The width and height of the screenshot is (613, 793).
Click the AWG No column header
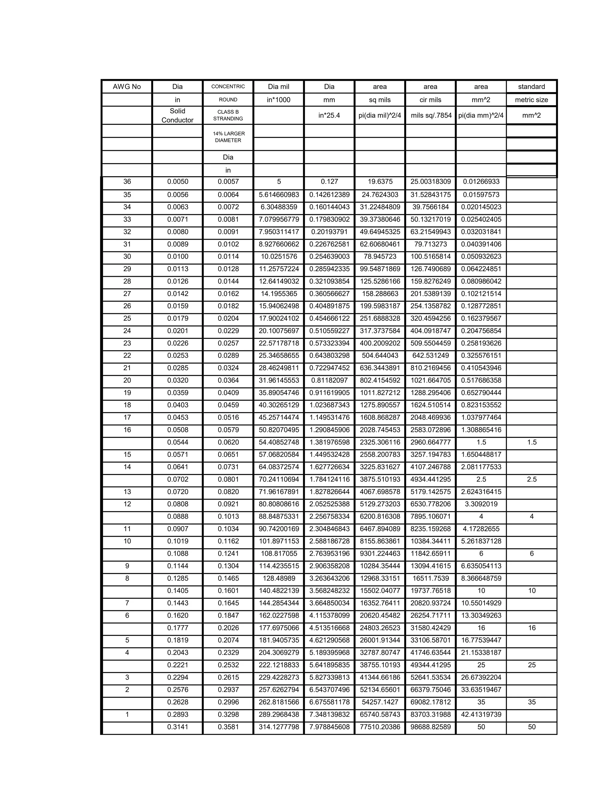[x=127, y=86]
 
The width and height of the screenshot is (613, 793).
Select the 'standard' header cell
[x=531, y=86]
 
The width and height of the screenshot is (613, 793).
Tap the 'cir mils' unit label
[x=430, y=99]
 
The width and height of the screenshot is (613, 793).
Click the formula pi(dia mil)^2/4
[x=380, y=116]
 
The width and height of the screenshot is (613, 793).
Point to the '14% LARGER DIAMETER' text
[x=228, y=137]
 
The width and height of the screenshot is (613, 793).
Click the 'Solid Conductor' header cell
[x=177, y=116]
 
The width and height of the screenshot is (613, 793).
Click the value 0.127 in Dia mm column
[x=329, y=182]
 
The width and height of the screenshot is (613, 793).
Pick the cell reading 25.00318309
[x=430, y=182]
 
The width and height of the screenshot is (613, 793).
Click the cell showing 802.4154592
[x=380, y=380]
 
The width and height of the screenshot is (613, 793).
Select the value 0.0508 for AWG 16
[x=177, y=429]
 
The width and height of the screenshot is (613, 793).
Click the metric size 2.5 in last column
[x=532, y=479]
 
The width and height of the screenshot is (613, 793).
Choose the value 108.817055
[x=279, y=553]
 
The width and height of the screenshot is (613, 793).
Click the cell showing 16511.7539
[x=430, y=578]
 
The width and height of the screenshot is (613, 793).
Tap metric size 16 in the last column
[x=532, y=628]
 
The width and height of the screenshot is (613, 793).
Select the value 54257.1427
[x=380, y=702]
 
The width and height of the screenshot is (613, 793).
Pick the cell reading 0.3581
[x=228, y=727]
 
